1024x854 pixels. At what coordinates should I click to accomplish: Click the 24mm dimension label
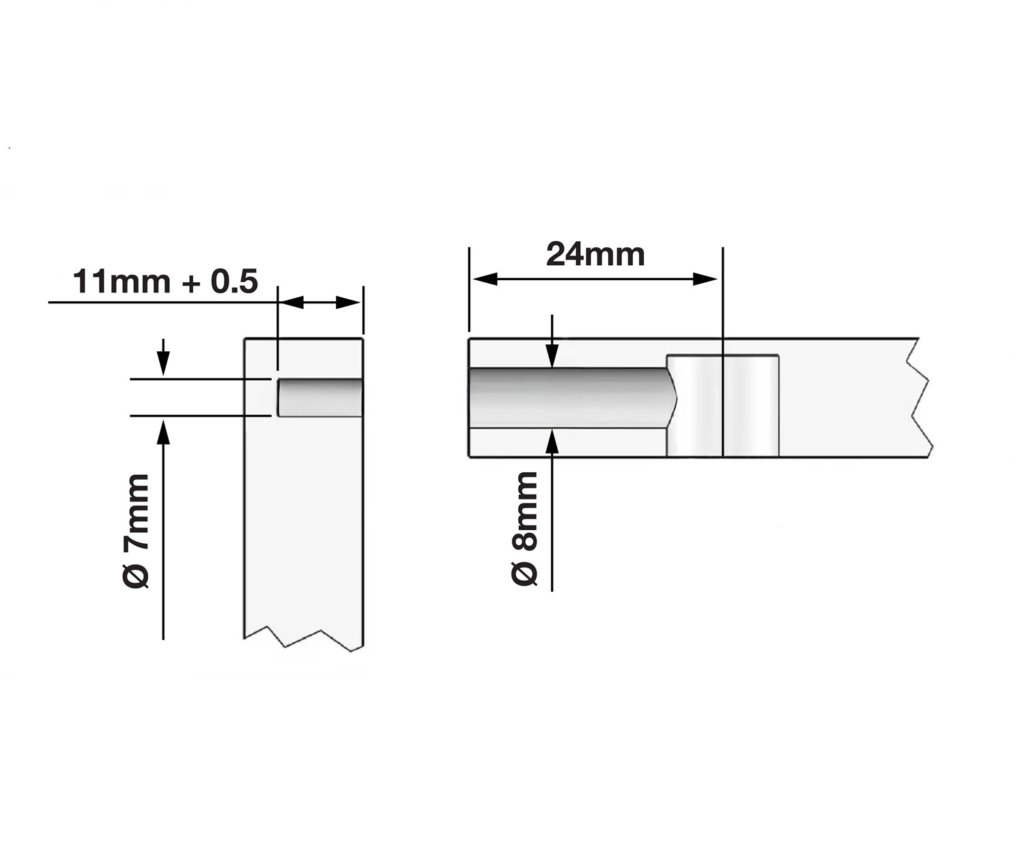[595, 255]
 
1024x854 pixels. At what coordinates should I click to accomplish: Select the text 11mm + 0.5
[165, 281]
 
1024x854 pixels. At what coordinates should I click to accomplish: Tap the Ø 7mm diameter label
[136, 530]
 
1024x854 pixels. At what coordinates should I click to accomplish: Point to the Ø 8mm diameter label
[525, 528]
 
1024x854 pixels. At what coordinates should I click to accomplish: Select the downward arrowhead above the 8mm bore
[552, 355]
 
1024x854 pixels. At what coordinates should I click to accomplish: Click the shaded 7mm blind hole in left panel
[319, 398]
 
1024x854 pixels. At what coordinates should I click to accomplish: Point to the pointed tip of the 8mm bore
[676, 398]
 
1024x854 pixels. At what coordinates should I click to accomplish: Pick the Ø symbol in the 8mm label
[525, 573]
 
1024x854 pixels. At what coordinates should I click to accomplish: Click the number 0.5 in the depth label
[234, 281]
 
